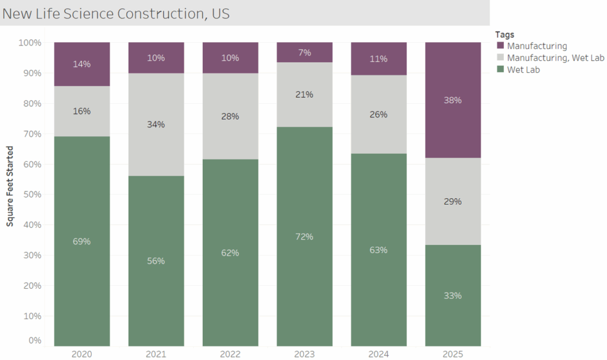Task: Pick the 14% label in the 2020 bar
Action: point(82,64)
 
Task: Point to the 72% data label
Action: point(304,237)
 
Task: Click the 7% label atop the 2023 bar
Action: point(304,53)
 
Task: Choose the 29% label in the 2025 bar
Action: point(453,202)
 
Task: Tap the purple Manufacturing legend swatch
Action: point(500,46)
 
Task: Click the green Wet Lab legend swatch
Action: point(500,69)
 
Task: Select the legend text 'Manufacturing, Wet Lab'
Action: point(556,58)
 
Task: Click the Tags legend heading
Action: point(505,34)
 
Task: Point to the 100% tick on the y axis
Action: point(30,43)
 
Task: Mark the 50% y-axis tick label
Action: point(31,195)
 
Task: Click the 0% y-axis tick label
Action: point(34,341)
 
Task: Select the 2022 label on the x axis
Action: point(230,353)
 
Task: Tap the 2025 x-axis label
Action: point(453,353)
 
